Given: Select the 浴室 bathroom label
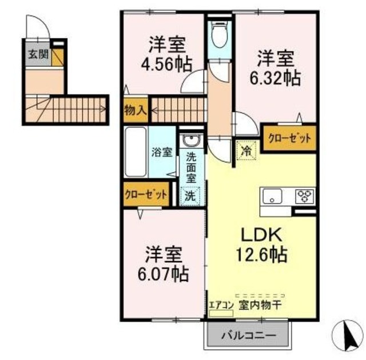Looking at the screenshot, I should point(162,152).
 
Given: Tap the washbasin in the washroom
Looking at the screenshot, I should point(190,141).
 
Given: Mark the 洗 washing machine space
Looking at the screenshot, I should point(190,194).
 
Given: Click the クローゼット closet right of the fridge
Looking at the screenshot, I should point(289,138).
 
